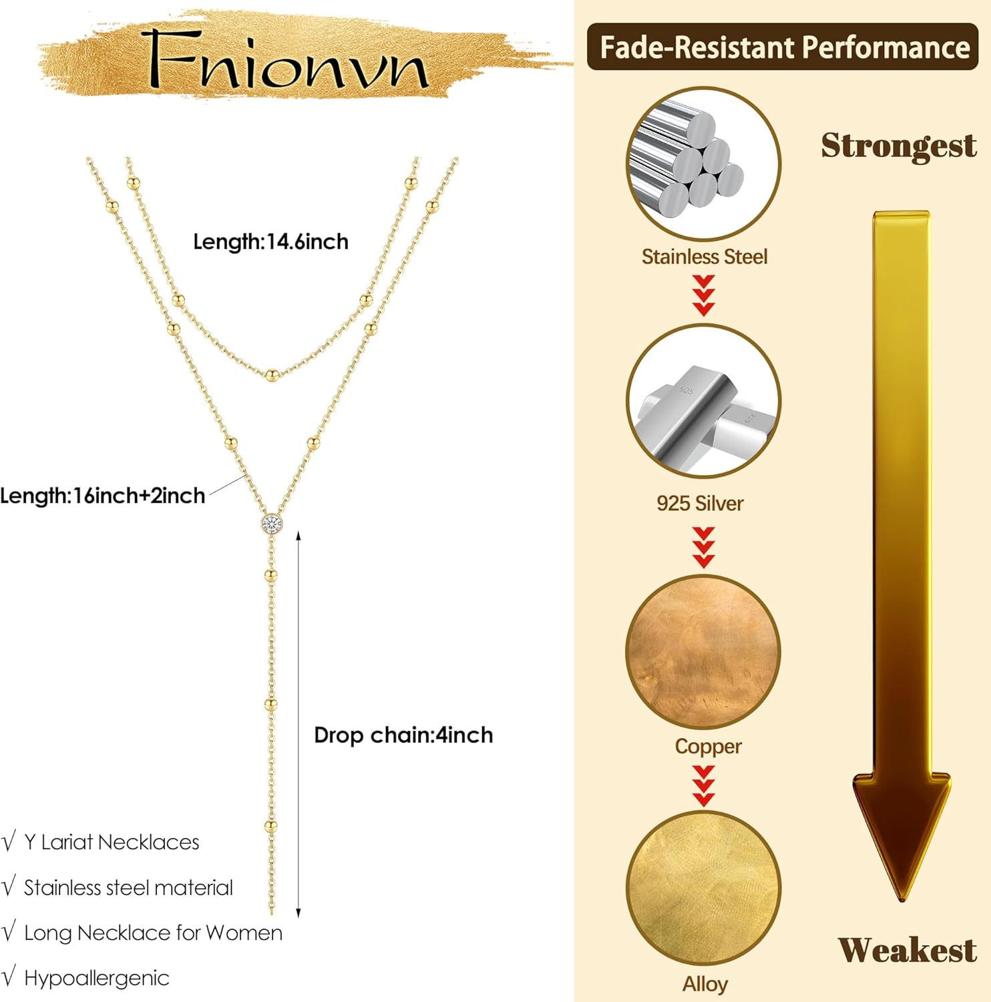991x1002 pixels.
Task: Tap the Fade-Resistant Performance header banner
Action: point(783,47)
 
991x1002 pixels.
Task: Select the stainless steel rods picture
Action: point(703,164)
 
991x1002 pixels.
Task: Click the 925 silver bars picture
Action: point(703,401)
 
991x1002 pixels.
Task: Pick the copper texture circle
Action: point(703,651)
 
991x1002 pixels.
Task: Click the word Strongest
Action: point(898,146)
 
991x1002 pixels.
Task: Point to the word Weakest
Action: point(907,950)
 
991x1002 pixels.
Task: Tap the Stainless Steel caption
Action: point(705,257)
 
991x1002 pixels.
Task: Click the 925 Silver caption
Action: point(700,503)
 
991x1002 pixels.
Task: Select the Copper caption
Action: point(708,746)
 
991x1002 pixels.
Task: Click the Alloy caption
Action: point(705,984)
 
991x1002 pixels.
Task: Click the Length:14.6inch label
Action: point(270,242)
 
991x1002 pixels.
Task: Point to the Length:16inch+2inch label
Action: point(103,496)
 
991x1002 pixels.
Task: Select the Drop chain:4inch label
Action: point(403,735)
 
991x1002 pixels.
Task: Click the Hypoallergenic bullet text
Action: point(96,978)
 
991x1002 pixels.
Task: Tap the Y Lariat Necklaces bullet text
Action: point(112,842)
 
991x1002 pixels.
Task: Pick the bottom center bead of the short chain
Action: point(271,375)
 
